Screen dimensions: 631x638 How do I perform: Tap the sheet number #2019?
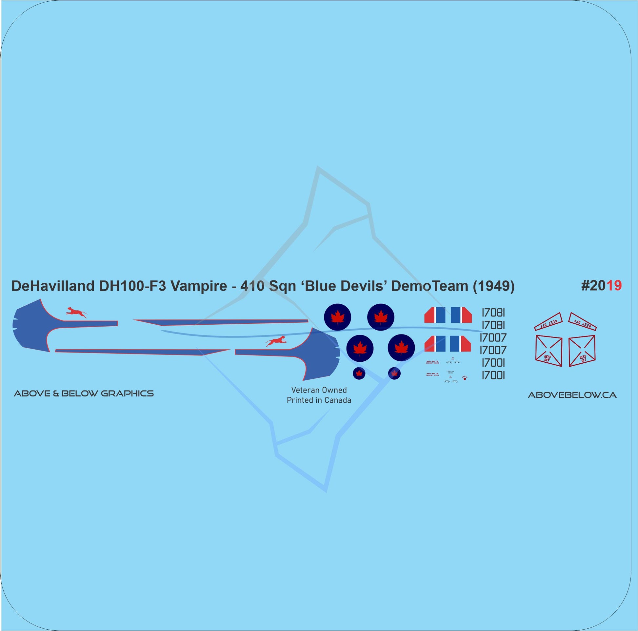[x=601, y=286]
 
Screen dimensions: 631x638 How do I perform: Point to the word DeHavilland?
[x=53, y=286]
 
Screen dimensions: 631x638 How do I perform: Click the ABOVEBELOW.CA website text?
[x=572, y=395]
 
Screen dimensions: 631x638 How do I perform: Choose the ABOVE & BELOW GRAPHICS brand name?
[x=84, y=393]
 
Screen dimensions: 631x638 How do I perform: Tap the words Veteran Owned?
[x=319, y=390]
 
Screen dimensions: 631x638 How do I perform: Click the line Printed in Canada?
[x=319, y=400]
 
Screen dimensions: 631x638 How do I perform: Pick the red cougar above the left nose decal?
[x=76, y=312]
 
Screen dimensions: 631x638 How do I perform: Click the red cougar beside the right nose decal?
[x=276, y=342]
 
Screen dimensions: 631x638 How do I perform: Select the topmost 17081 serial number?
[x=493, y=313]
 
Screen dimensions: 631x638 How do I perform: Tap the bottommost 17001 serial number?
[x=493, y=375]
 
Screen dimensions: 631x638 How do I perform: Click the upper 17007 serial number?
[x=493, y=337]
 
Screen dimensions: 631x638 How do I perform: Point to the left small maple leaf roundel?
[x=359, y=373]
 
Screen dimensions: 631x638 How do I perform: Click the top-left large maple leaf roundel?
[x=337, y=317]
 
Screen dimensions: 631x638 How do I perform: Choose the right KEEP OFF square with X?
[x=582, y=351]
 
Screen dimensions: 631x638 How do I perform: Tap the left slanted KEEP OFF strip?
[x=548, y=321]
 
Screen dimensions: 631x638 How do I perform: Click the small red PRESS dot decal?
[x=465, y=378]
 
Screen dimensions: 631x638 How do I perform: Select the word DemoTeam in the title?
[x=429, y=286]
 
